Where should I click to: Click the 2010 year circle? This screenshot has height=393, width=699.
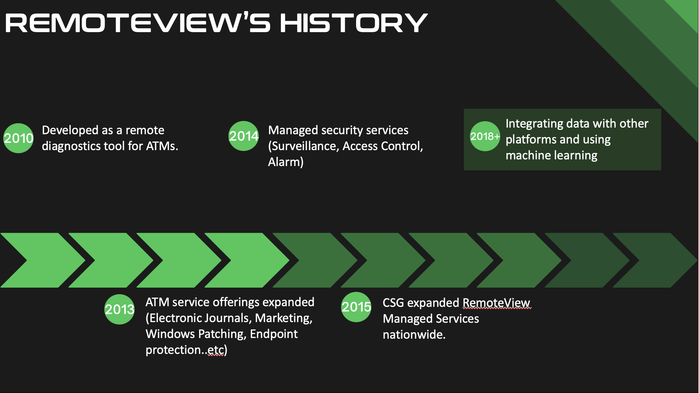click(x=18, y=138)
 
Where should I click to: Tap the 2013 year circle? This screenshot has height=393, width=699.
click(x=119, y=309)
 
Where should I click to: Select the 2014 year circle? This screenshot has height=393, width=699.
click(x=243, y=136)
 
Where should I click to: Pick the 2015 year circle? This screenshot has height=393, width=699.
click(x=356, y=307)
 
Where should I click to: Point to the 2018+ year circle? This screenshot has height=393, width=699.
click(x=485, y=136)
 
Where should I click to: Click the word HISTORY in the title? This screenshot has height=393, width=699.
click(x=354, y=23)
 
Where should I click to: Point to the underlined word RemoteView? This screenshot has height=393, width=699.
click(x=496, y=303)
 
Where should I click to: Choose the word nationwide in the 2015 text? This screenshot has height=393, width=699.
click(x=413, y=335)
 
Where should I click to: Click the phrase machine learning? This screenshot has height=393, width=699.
click(x=552, y=155)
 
